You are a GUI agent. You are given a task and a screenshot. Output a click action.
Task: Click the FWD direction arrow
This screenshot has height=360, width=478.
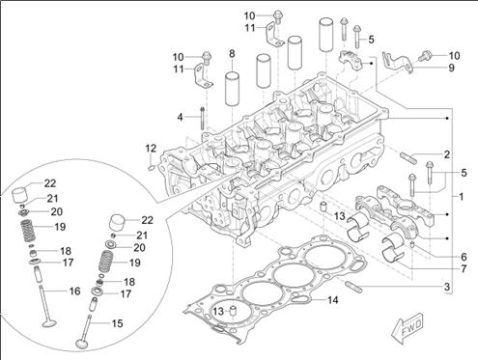408,328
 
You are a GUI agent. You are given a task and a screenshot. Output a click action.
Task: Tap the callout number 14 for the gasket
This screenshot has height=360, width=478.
333,300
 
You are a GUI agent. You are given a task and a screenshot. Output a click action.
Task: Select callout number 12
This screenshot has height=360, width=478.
151,149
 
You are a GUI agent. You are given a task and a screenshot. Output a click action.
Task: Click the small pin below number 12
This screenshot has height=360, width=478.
152,167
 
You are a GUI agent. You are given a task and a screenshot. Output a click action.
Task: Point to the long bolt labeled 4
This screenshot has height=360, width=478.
202,118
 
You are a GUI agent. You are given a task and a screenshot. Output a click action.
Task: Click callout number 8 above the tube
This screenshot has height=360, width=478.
232,54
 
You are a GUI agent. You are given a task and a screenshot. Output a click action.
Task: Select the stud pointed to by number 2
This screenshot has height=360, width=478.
408,158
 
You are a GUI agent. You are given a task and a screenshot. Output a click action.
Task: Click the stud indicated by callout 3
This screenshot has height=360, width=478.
353,287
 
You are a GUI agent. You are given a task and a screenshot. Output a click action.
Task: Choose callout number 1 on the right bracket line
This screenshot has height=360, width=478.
461,197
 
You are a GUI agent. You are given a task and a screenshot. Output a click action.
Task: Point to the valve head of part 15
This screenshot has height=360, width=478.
82,344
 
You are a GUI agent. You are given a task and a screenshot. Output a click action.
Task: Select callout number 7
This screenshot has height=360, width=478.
464,268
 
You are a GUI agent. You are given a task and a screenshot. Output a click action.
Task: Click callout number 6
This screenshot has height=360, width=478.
464,257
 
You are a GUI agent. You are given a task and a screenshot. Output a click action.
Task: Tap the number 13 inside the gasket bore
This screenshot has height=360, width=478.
218,311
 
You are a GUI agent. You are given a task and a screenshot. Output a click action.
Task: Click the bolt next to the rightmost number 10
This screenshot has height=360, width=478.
425,57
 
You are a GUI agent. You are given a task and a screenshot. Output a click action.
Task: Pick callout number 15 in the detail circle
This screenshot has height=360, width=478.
117,323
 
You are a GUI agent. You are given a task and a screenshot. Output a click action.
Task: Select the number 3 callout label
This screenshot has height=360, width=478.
447,287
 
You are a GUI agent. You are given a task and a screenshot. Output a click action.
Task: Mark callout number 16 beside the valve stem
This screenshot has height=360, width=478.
74,291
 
